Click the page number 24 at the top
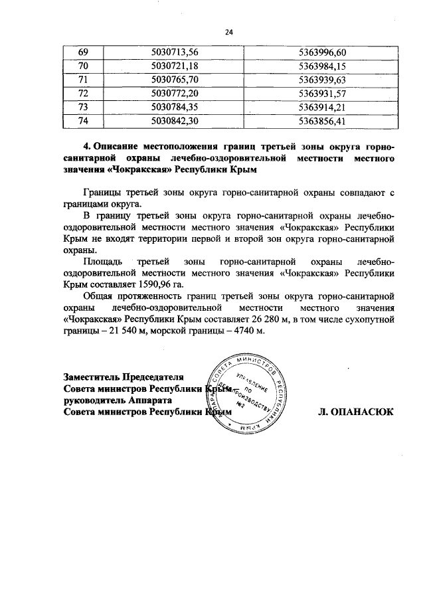pos(230,31)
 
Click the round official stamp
pos(243,392)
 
